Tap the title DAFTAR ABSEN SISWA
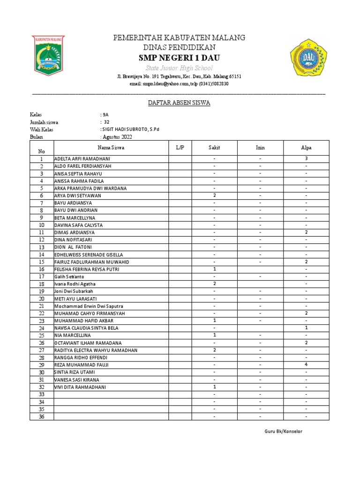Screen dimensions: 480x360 click(x=179, y=103)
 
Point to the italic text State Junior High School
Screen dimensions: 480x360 click(x=179, y=68)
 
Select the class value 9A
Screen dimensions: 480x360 click(x=105, y=114)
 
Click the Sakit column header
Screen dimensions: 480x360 click(x=214, y=148)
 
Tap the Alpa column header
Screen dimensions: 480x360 click(x=306, y=148)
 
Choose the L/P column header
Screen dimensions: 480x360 click(x=180, y=148)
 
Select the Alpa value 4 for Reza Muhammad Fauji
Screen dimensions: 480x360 click(x=306, y=365)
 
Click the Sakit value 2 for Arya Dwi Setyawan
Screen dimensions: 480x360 click(x=214, y=195)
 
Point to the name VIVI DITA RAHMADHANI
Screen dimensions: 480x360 click(x=80, y=387)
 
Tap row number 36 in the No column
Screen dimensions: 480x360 click(x=41, y=417)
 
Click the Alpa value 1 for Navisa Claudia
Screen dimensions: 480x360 click(x=306, y=328)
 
